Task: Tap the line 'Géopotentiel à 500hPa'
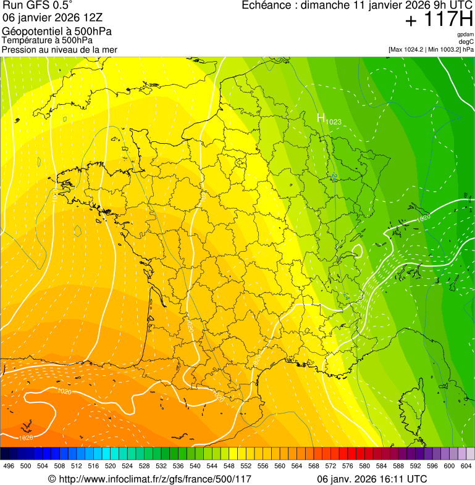tap(57, 31)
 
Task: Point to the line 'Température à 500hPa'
tap(48, 40)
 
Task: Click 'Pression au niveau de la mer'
tap(59, 49)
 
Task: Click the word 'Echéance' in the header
tap(264, 6)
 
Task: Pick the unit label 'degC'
tap(466, 41)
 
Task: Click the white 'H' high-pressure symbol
tap(321, 118)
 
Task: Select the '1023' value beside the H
tap(334, 122)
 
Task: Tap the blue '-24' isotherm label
tap(334, 178)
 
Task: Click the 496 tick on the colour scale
tap(9, 466)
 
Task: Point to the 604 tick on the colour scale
tap(466, 466)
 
